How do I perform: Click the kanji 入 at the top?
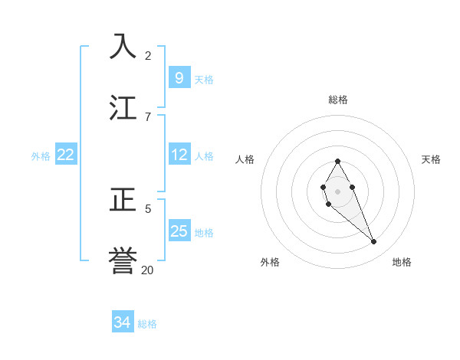coord(123,46)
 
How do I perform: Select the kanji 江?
coord(123,106)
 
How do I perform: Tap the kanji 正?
coord(123,200)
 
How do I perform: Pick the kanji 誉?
coord(123,260)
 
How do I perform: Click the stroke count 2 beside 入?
coord(148,55)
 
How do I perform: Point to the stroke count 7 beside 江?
coord(148,116)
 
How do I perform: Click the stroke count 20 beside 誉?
coord(148,270)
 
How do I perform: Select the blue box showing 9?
coord(179,77)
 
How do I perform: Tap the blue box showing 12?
coord(179,155)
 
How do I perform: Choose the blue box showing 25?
coord(179,231)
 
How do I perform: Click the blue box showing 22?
coord(65,155)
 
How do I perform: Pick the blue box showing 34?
coord(122,323)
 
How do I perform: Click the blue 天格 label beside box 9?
coord(204,79)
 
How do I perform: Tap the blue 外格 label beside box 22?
coord(41,156)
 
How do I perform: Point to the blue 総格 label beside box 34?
coord(147,324)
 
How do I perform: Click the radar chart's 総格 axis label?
coord(338,100)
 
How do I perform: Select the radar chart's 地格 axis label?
coord(402,262)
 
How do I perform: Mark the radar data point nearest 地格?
coord(373,241)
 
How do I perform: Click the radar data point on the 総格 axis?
coord(337,162)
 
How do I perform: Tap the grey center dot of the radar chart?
coord(337,191)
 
